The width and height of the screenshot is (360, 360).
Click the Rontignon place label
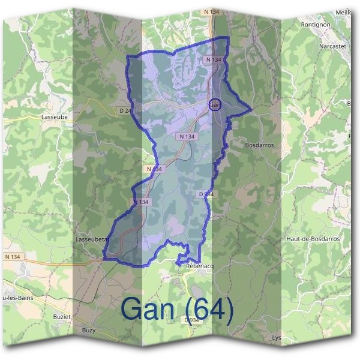pyautogui.click(x=316, y=25)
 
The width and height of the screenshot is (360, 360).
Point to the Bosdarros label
pyautogui.click(x=260, y=145)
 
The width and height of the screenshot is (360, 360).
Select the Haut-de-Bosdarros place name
pyautogui.click(x=313, y=239)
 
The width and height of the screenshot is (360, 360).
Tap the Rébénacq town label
pyautogui.click(x=200, y=266)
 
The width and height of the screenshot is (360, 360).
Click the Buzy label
pyautogui.click(x=88, y=331)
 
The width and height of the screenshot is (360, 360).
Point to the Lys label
pyautogui.click(x=277, y=337)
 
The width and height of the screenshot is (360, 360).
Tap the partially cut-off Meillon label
pyautogui.click(x=344, y=12)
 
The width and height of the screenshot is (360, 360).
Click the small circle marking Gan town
pyautogui.click(x=215, y=104)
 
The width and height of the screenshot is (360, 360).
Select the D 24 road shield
pyautogui.click(x=125, y=111)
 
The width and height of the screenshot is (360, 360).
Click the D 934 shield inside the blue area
pyautogui.click(x=206, y=194)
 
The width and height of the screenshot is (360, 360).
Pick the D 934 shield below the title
pyautogui.click(x=191, y=320)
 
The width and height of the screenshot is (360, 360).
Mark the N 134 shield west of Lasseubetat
pyautogui.click(x=12, y=257)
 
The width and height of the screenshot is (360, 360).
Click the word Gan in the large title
pyautogui.click(x=148, y=309)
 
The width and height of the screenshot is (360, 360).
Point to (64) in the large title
pyautogui.click(x=206, y=309)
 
